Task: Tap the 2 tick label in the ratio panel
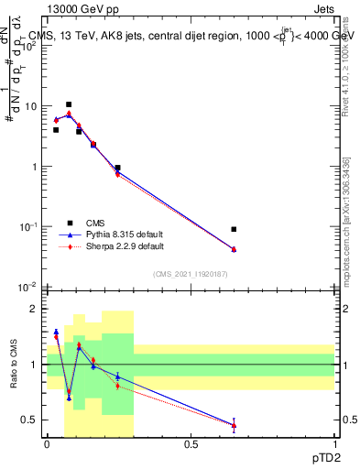[x=35, y=310]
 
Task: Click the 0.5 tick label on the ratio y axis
[x=29, y=420]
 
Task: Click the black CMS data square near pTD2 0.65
[x=234, y=229]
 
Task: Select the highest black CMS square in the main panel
[x=69, y=104]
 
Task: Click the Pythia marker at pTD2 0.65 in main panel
[x=234, y=249]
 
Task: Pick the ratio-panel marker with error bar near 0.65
[x=234, y=425]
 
